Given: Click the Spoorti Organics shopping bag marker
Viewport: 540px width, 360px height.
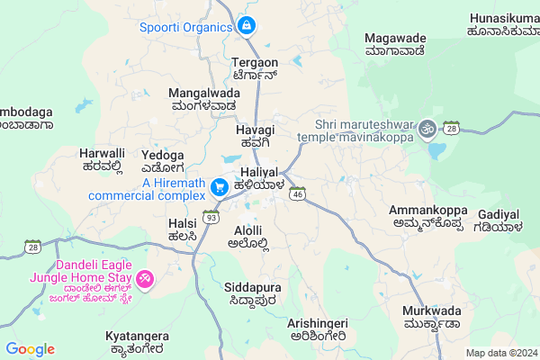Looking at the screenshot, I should pos(246,27).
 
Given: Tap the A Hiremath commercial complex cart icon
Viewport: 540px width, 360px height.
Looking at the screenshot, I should pos(219,187).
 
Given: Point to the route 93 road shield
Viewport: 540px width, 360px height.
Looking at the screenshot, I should pos(211,217).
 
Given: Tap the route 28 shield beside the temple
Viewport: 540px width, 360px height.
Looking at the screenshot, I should pos(451,130).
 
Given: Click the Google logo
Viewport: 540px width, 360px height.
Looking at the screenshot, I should pos(30,349).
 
